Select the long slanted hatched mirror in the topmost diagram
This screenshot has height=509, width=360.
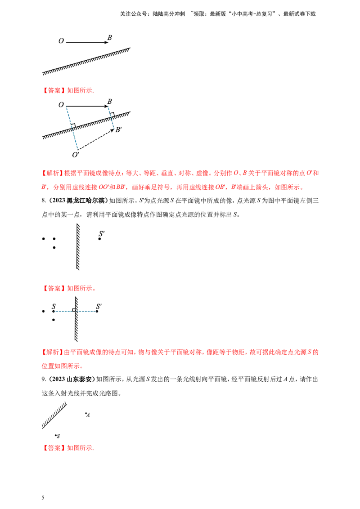[x=85, y=60]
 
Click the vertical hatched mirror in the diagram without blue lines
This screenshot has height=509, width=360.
[x=79, y=247]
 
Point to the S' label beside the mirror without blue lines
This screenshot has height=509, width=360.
[x=102, y=233]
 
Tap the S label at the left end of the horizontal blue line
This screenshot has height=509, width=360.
[x=54, y=306]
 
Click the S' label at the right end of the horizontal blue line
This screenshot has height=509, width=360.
[x=100, y=306]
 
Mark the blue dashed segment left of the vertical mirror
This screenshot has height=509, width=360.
[x=64, y=311]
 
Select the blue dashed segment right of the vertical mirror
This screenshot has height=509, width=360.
[x=87, y=311]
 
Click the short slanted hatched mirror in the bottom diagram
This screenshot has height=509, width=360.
[x=54, y=414]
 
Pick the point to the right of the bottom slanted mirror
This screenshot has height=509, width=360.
[x=87, y=414]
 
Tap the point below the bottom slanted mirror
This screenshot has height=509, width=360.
[x=57, y=435]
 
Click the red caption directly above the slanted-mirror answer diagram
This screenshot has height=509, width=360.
[x=68, y=90]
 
